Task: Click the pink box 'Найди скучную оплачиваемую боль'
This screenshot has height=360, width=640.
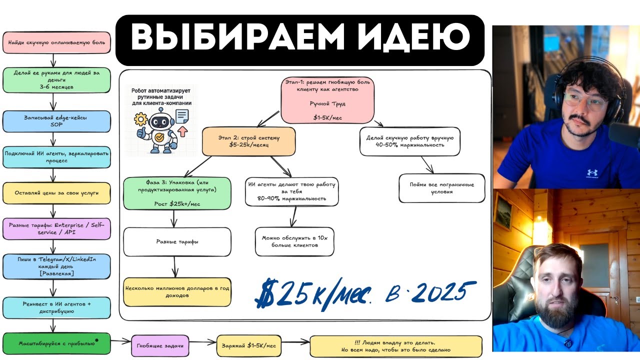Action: click(56, 43)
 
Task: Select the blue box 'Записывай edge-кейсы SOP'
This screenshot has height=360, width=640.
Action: click(56, 121)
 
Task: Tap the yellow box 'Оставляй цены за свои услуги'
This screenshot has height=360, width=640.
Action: click(56, 192)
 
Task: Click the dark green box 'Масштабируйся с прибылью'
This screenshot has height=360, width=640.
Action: click(56, 343)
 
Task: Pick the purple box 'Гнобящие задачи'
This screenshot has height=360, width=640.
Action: click(159, 345)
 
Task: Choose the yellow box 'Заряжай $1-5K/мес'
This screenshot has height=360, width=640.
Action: click(248, 345)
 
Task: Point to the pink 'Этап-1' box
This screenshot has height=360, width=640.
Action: click(327, 99)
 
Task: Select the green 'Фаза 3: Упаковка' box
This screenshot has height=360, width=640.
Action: click(177, 193)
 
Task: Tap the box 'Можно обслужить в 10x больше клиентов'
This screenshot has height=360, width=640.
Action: click(294, 241)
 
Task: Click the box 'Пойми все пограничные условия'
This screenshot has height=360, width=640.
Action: click(441, 188)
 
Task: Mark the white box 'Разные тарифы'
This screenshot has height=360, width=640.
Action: click(177, 242)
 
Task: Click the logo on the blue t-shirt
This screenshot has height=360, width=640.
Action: click(592, 172)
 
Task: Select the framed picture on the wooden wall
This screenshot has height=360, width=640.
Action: click(503, 212)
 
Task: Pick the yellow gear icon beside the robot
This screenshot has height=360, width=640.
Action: click(140, 120)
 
